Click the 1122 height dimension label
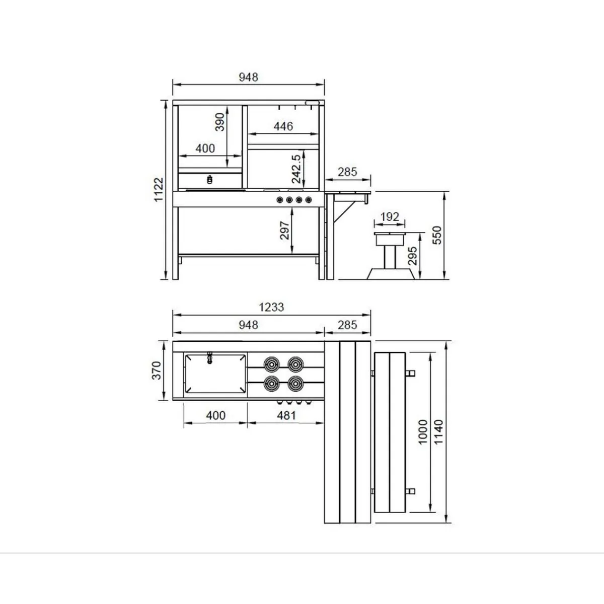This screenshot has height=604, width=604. (159, 190)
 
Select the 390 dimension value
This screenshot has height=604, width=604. (220, 122)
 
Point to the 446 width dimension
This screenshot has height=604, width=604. (283, 126)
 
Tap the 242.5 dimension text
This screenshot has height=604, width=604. (296, 169)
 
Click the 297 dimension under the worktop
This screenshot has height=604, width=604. (285, 231)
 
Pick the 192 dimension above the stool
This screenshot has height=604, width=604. (390, 217)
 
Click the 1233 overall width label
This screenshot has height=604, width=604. (271, 307)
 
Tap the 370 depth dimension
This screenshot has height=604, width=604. (157, 370)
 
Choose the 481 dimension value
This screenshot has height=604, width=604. (285, 415)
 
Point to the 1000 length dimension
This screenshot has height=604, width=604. (423, 431)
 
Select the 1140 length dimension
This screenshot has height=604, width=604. (439, 431)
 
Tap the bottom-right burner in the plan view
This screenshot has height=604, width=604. (295, 384)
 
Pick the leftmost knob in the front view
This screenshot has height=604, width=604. (279, 200)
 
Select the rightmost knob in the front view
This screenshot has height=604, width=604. (308, 200)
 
